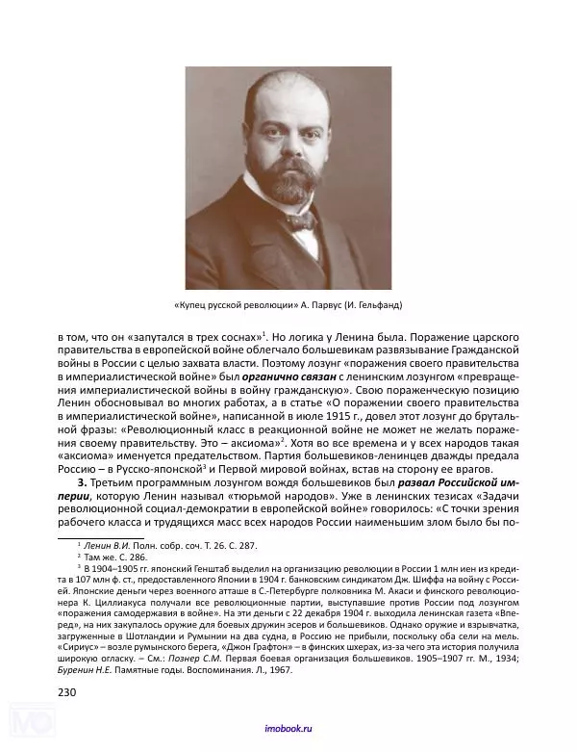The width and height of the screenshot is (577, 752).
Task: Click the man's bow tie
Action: (298, 220)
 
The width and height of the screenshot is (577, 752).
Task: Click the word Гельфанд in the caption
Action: (377, 306)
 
